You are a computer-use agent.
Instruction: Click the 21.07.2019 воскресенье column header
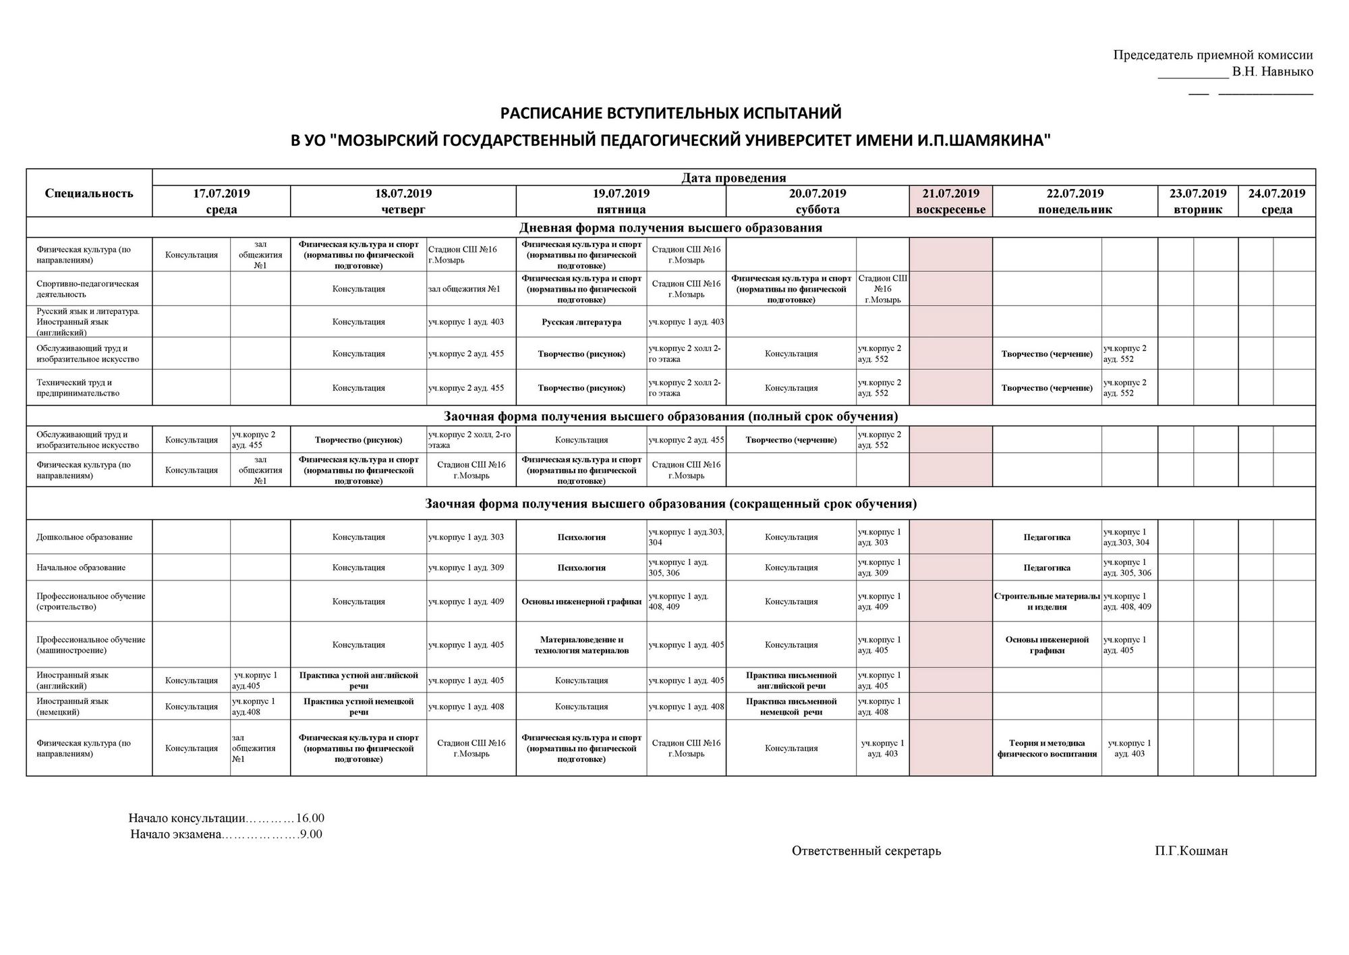pos(950,201)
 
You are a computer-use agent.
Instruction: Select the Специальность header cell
pos(89,194)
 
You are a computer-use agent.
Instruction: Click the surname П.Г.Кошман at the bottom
pos(1190,851)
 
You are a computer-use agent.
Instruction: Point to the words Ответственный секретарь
pos(866,851)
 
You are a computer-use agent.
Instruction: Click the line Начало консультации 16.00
pos(226,819)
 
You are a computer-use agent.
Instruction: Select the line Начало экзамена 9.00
pos(226,835)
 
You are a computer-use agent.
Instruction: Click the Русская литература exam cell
pos(581,322)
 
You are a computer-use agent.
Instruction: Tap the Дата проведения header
pos(733,178)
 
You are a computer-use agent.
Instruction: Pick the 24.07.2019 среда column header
pos(1276,201)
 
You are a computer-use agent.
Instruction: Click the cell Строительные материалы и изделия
pos(1047,601)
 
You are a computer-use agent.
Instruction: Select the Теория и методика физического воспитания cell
pos(1047,748)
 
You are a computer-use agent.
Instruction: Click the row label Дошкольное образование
pos(84,537)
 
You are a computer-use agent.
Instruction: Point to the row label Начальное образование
pos(81,568)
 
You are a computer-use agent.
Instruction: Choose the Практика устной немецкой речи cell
pos(358,707)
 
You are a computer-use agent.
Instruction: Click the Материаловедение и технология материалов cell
pos(581,645)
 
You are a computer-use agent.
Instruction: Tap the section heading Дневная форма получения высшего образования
pos(670,227)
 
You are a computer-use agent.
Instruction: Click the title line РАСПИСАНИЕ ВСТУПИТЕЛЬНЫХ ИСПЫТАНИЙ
pos(670,112)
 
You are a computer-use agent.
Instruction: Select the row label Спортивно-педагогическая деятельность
pos(88,289)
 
